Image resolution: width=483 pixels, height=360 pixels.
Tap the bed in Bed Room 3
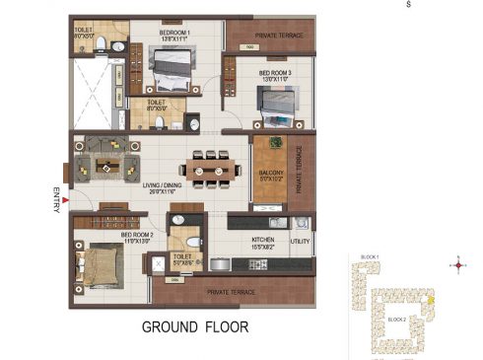pyautogui.click(x=275, y=102)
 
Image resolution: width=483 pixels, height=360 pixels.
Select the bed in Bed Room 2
pyautogui.click(x=98, y=259)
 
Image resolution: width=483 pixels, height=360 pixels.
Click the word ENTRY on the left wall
pyautogui.click(x=56, y=193)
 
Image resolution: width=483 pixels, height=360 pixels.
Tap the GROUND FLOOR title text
pyautogui.click(x=195, y=325)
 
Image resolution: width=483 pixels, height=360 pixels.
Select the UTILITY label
pyautogui.click(x=300, y=241)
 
